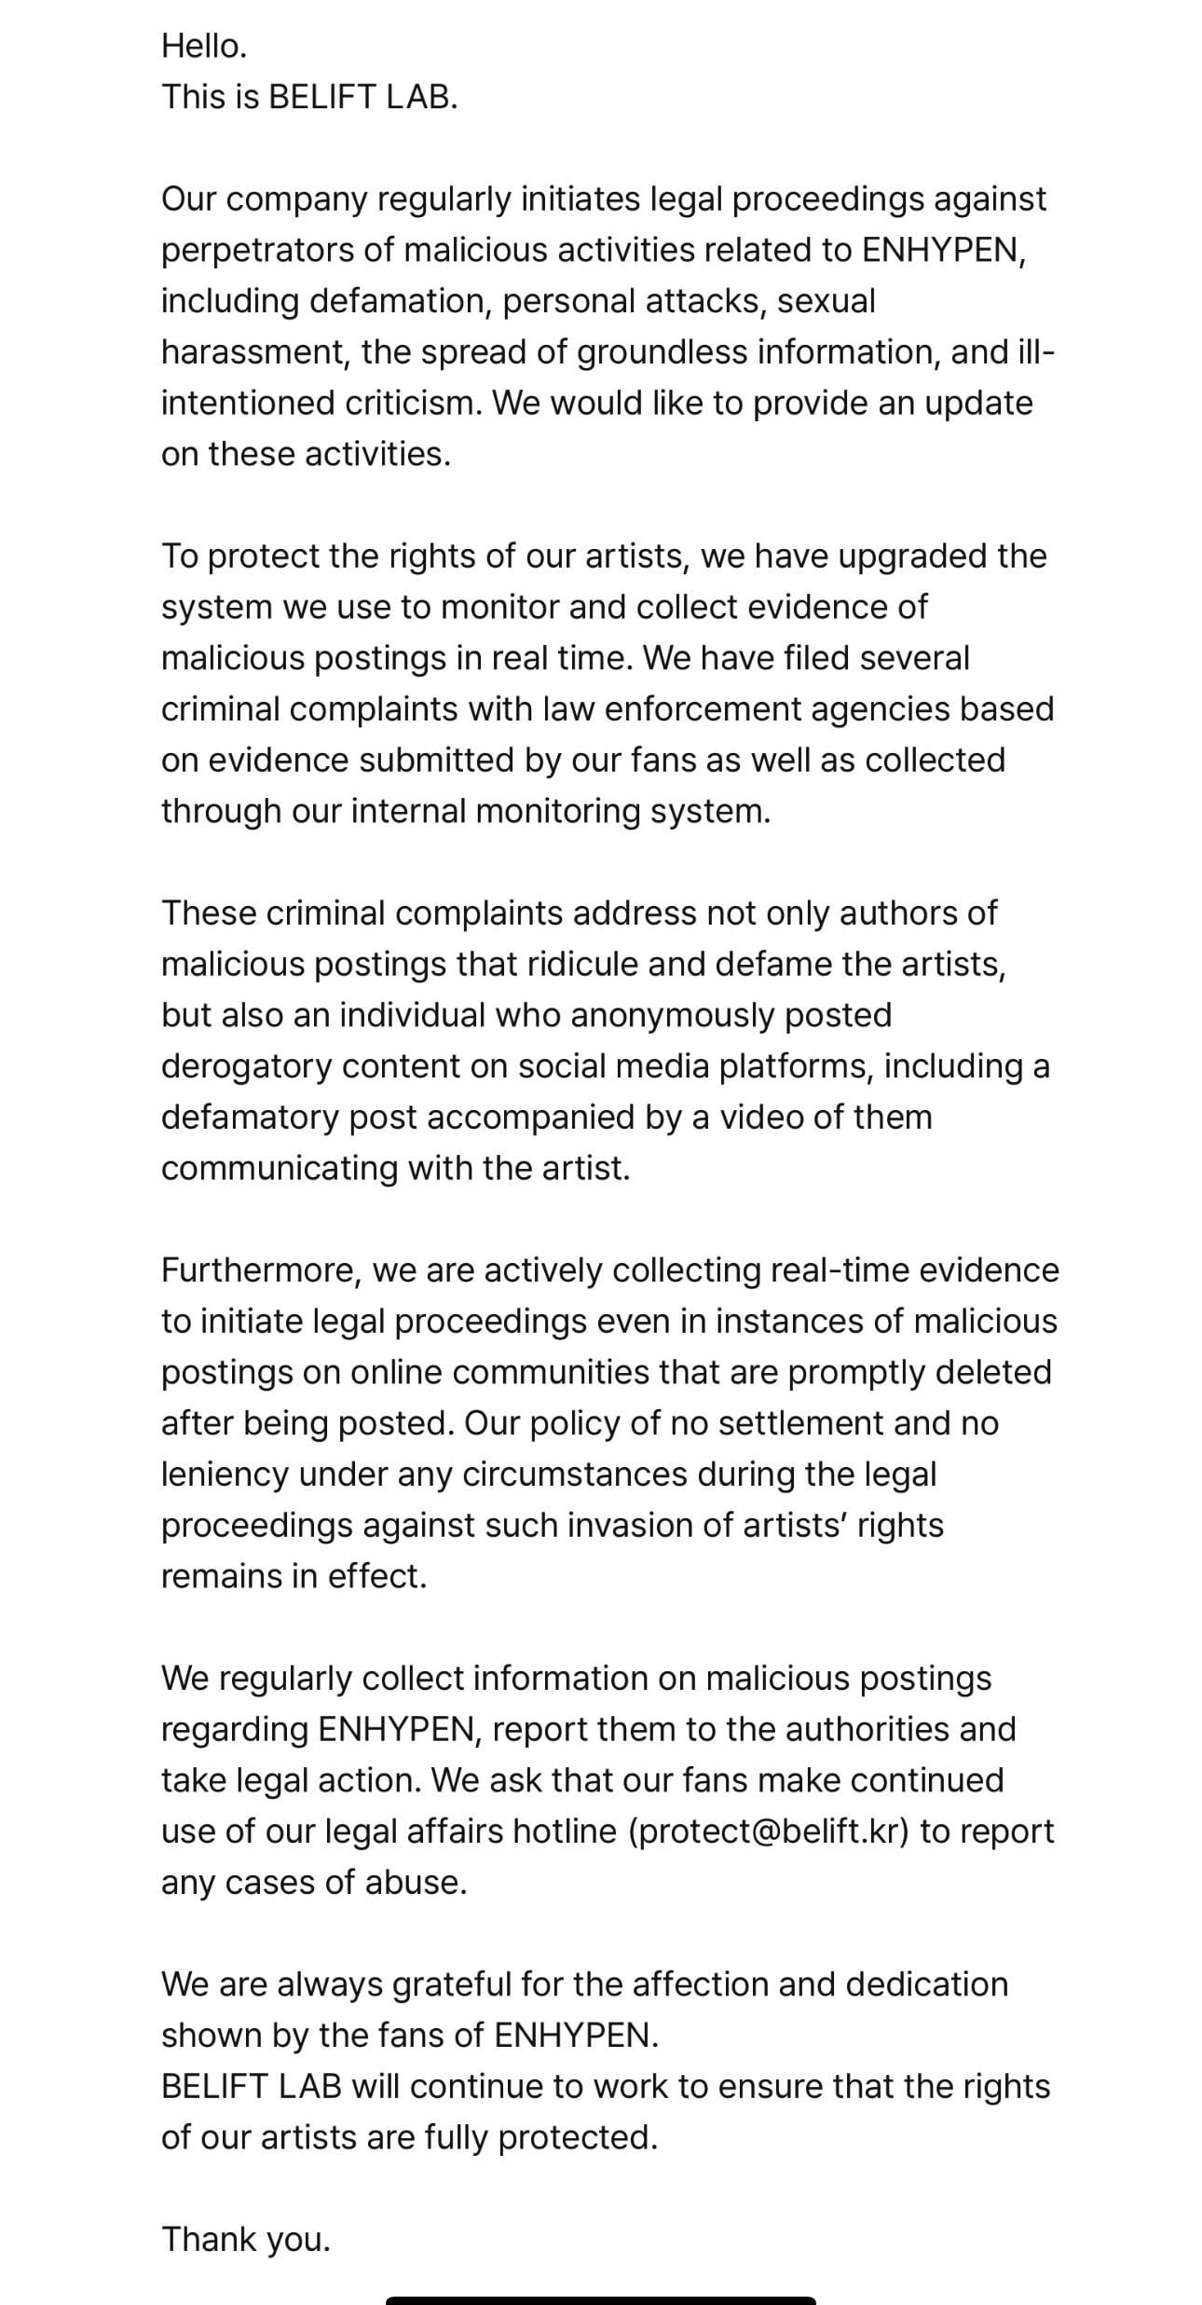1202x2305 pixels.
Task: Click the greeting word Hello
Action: click(204, 46)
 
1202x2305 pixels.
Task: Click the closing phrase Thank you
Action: click(246, 2239)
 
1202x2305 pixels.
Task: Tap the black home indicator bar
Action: click(601, 2300)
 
